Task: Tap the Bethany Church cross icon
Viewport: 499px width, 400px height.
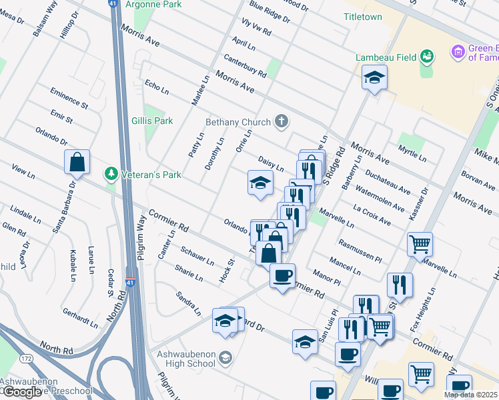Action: pos(282,121)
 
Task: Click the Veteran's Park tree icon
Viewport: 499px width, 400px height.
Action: pos(111,175)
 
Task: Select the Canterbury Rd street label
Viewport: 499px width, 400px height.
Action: pos(245,66)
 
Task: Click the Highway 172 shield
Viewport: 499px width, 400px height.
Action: pos(26,359)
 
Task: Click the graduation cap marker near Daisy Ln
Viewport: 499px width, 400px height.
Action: pos(260,182)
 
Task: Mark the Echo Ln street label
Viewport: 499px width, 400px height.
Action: pos(156,88)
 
